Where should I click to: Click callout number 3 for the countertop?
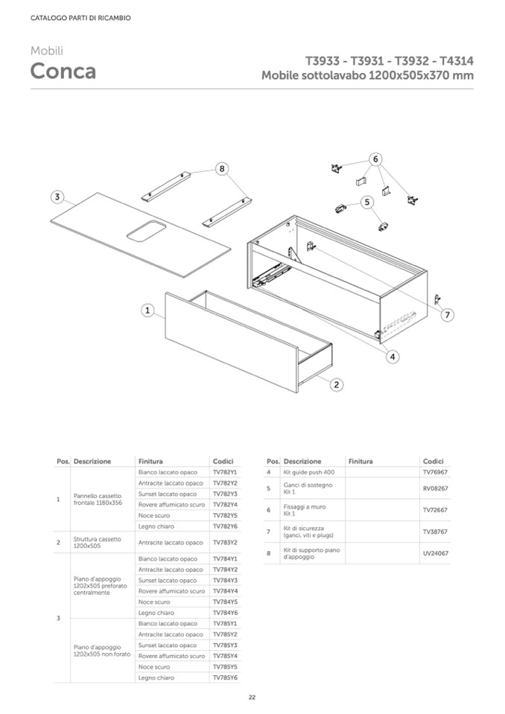point(57,197)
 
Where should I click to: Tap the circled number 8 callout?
point(221,170)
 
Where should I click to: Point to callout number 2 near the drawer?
point(337,384)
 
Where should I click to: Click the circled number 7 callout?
point(448,315)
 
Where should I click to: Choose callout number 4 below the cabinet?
point(393,357)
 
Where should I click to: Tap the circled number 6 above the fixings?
point(376,159)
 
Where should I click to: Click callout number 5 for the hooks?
point(366,202)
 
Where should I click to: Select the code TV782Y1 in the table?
point(224,473)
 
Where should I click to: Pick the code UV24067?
point(435,553)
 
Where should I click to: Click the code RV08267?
point(435,488)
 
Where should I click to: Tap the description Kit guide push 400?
point(309,473)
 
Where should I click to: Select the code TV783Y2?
point(224,543)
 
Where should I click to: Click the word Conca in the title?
point(63,71)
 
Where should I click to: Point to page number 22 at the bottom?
point(252,697)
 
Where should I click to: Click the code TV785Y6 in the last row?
point(224,678)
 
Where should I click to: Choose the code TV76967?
point(435,473)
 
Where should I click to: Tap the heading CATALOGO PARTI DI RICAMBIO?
point(80,18)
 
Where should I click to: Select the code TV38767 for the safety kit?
point(435,532)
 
